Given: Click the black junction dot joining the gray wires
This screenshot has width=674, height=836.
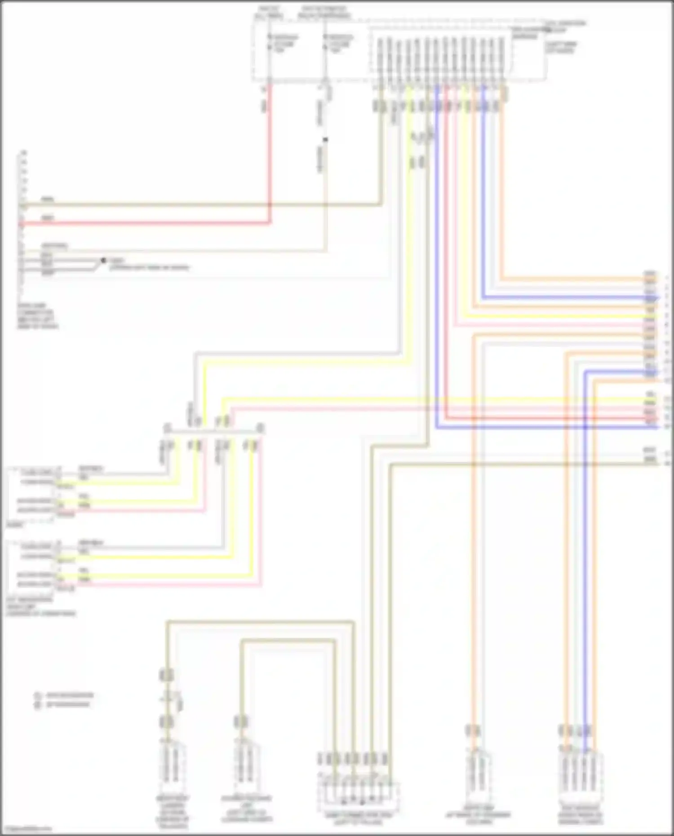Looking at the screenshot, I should pyautogui.click(x=103, y=260).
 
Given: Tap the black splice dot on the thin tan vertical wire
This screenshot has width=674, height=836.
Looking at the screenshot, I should pyautogui.click(x=325, y=140).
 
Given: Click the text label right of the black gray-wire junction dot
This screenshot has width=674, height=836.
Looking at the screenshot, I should pyautogui.click(x=148, y=264).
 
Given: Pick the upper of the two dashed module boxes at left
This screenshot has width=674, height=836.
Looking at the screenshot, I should pyautogui.click(x=31, y=494).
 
